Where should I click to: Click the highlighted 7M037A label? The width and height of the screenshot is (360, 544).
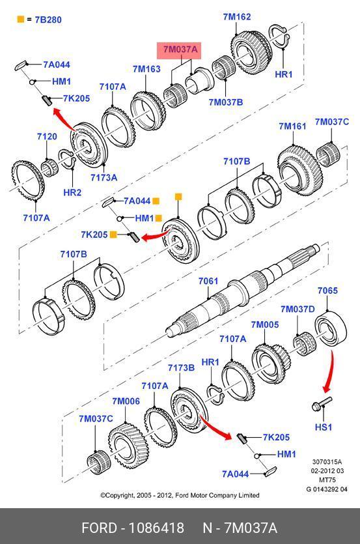(x=180, y=50)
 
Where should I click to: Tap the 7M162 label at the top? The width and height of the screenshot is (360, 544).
(x=237, y=17)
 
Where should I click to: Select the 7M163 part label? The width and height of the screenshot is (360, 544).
(x=146, y=69)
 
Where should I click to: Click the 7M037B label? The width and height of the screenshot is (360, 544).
(x=226, y=102)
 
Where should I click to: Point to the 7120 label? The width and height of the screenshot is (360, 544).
(x=47, y=136)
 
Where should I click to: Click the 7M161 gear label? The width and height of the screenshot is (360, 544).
(x=292, y=126)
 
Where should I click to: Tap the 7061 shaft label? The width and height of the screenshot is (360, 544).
(x=208, y=281)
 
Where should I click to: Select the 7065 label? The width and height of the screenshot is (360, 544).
(x=327, y=291)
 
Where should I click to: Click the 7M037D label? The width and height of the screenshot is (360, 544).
(x=298, y=309)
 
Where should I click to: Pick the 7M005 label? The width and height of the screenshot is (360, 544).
(x=264, y=324)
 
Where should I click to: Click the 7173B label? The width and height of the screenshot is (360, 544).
(x=181, y=367)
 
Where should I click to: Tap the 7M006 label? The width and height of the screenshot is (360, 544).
(x=126, y=401)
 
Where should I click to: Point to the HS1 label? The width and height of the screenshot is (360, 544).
(x=324, y=427)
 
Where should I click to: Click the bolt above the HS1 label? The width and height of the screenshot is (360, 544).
(x=322, y=404)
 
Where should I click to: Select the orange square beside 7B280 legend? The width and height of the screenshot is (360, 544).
(x=21, y=19)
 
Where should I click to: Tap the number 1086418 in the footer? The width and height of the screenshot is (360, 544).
(x=156, y=528)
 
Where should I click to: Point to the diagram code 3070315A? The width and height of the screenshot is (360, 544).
(x=327, y=462)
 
